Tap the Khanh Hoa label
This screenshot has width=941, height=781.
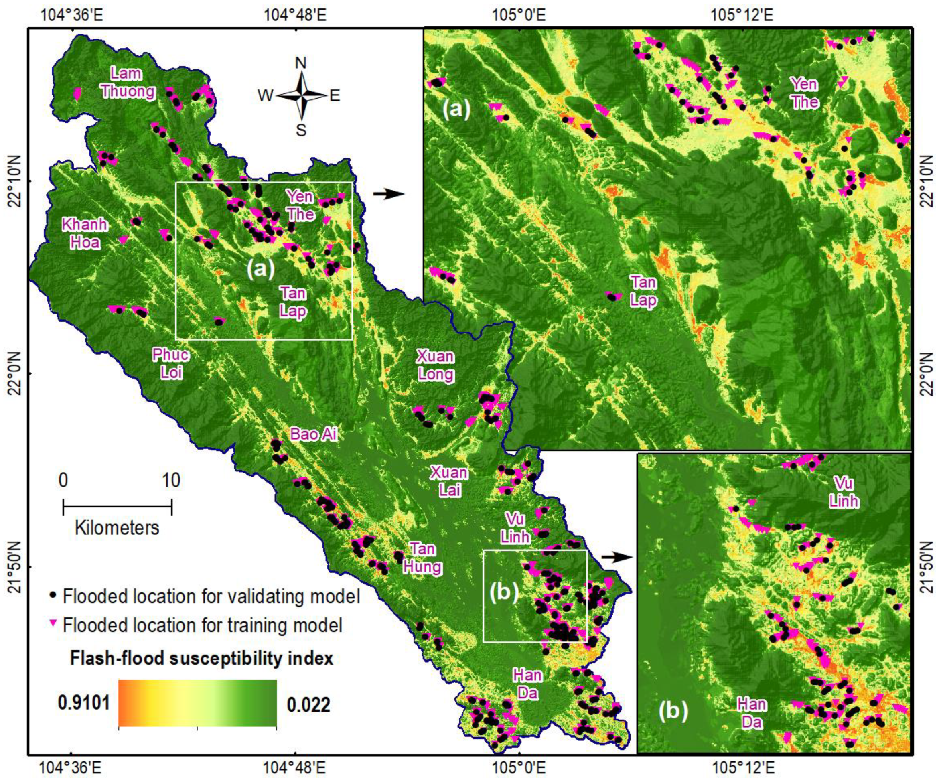tap(85, 233)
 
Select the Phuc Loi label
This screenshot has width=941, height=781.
tap(171, 363)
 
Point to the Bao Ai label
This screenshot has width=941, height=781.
tap(313, 434)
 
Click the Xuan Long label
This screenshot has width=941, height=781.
tap(435, 365)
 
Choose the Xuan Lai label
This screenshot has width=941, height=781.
tap(449, 481)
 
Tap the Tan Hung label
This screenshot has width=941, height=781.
tap(422, 558)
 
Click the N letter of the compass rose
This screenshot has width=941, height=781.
tap(301, 63)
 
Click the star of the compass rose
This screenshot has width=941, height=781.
tap(302, 95)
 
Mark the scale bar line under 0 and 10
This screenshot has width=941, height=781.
tap(118, 508)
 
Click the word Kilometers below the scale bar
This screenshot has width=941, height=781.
tap(117, 528)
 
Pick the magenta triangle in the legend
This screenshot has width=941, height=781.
tap(54, 623)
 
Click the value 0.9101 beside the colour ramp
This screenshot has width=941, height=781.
tap(84, 703)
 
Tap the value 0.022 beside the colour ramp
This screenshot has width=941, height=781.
tap(308, 704)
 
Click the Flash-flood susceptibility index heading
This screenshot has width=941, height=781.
tap(202, 658)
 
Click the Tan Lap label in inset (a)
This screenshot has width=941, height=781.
tap(644, 291)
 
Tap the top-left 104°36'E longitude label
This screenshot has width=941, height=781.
tap(72, 15)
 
